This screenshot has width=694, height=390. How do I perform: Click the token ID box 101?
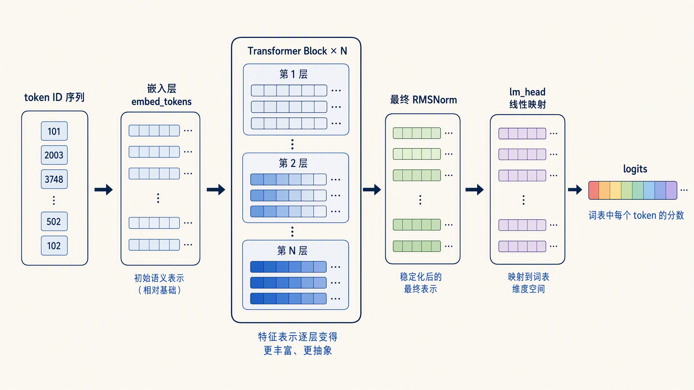click(54, 131)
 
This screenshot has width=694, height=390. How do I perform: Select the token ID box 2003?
click(54, 155)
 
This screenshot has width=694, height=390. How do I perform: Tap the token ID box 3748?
click(54, 179)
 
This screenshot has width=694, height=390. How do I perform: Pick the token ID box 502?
click(54, 221)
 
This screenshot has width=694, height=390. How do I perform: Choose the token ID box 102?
click(54, 245)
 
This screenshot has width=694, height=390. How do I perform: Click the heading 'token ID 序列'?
click(54, 97)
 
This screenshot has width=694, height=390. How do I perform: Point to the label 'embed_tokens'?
click(161, 102)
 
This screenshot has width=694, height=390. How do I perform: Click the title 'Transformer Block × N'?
click(297, 51)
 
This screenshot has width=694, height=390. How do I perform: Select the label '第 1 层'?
click(293, 74)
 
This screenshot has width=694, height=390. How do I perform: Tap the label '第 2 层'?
click(293, 163)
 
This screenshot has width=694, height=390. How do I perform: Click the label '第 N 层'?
click(292, 251)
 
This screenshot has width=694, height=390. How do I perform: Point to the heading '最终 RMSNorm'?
click(424, 100)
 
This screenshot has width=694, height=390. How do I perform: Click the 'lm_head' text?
click(527, 92)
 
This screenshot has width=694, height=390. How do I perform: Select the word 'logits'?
click(635, 169)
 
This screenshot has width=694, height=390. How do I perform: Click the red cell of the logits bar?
click(594, 190)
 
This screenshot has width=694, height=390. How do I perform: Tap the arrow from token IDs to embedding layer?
click(104, 190)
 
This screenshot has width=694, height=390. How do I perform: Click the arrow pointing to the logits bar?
click(575, 190)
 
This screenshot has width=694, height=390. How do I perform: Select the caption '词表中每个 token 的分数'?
click(636, 215)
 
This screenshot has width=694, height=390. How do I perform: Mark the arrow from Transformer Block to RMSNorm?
click(372, 190)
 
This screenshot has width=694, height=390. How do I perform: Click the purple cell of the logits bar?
click(672, 190)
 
